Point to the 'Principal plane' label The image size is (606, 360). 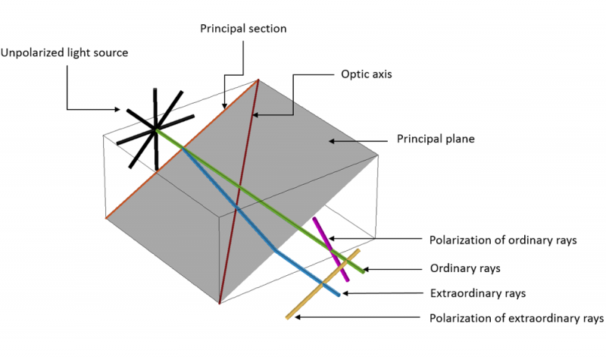(x=436, y=139)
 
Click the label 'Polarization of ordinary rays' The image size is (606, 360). (x=503, y=239)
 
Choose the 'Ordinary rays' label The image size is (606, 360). (x=464, y=268)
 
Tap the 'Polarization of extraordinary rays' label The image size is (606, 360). (x=516, y=318)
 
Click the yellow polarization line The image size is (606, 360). (x=322, y=283)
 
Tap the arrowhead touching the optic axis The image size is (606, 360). (x=255, y=115)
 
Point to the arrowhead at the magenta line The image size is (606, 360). (x=332, y=239)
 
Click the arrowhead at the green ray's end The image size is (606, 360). (x=365, y=268)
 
